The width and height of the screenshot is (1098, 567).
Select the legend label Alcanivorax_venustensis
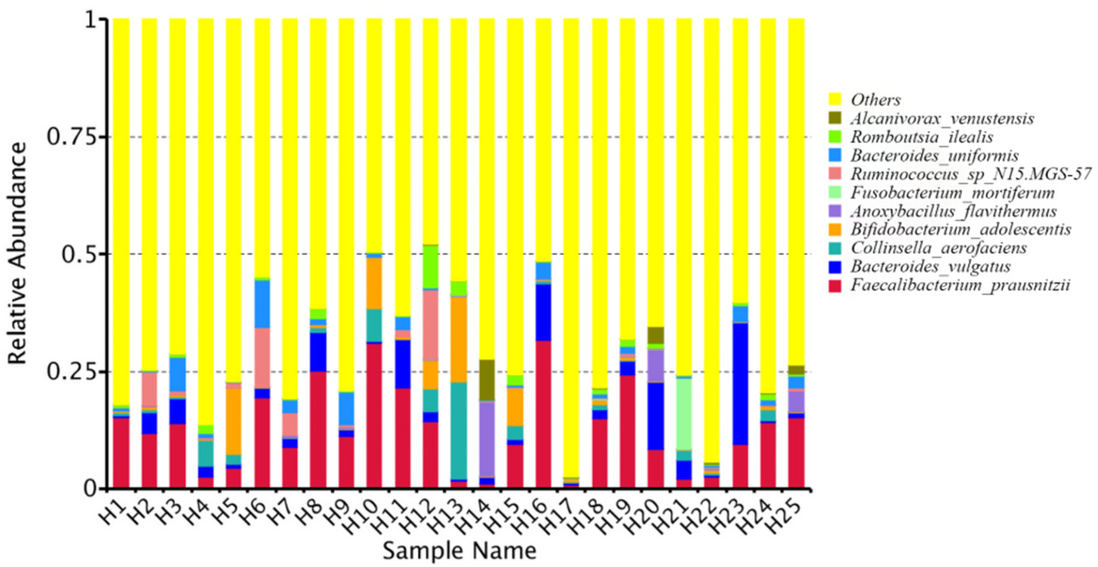pos(942,118)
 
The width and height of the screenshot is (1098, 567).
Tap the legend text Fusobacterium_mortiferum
pos(953,193)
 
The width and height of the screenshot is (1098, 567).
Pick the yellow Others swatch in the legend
pos(835,100)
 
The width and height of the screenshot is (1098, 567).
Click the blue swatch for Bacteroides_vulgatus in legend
pos(835,267)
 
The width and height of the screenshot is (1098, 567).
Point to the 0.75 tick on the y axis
pos(75,137)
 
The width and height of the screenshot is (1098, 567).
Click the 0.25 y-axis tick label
pos(75,372)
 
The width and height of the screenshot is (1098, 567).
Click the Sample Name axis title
pos(459,551)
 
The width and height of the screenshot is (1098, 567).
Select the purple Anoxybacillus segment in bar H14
pos(487,439)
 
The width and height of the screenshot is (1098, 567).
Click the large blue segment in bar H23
pos(740,383)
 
